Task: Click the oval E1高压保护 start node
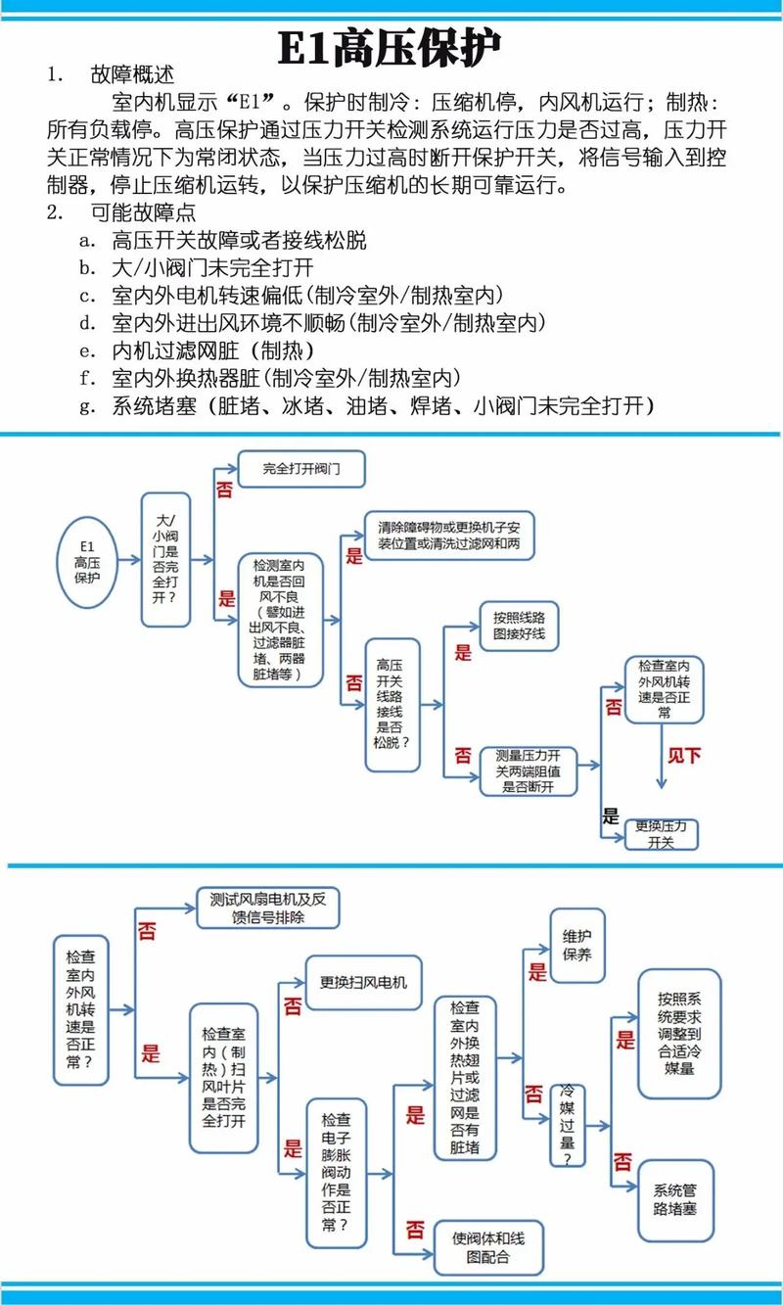[87, 560]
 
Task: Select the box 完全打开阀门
[300, 469]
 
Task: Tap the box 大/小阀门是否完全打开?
[165, 559]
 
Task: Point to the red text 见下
[684, 755]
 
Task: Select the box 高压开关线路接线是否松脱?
[391, 700]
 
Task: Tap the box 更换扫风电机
[356, 983]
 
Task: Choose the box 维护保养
[577, 943]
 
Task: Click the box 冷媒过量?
[568, 1123]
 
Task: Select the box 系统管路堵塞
[675, 1200]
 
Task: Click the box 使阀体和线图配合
[483, 1248]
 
